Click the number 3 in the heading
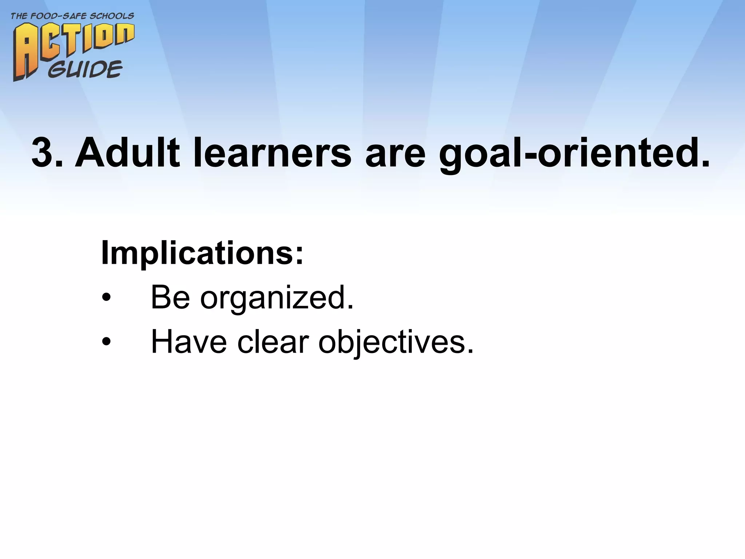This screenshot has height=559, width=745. (43, 153)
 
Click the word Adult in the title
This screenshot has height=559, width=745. (127, 153)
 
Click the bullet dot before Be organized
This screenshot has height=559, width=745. (106, 298)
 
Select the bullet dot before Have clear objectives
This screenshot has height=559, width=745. (106, 342)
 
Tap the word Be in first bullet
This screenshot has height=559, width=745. (170, 298)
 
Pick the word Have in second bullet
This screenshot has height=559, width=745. (189, 342)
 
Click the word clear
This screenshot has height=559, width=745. (273, 342)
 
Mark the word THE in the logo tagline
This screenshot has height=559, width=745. (19, 16)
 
